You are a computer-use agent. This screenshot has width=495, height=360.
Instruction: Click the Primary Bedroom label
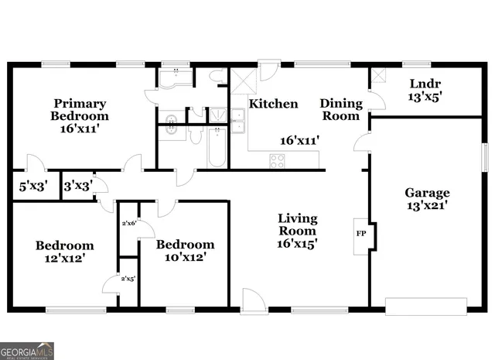coord(80,109)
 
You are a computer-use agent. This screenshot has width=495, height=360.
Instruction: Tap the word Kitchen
coord(274,104)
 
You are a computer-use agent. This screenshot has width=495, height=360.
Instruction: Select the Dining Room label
coord(340,109)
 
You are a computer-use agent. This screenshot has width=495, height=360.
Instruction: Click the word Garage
coord(427,193)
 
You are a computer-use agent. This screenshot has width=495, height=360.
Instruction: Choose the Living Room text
coord(297,225)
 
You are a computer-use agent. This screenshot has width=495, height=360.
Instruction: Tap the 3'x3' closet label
coord(76,186)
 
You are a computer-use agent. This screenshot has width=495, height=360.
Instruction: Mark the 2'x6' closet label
coord(128,223)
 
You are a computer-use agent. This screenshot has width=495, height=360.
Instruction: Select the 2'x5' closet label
coord(128,279)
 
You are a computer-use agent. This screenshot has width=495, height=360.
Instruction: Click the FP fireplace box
coord(360,233)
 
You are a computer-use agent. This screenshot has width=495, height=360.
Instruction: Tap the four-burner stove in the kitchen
coord(276,161)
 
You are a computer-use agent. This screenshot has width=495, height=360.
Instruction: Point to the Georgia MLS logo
coord(27,350)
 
